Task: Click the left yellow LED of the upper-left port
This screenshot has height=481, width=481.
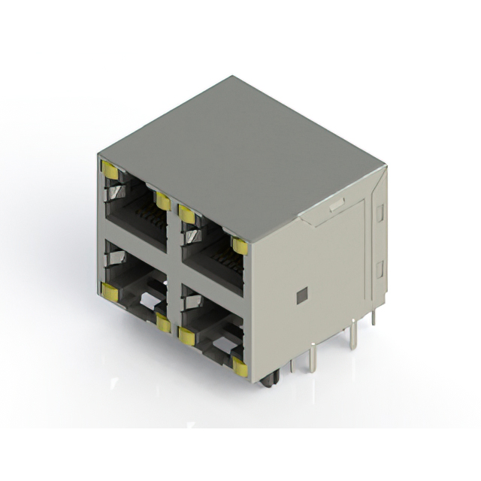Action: pos(110,171)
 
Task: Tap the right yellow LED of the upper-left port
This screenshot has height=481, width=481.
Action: pos(162,200)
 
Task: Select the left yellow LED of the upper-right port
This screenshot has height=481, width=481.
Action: pos(186,216)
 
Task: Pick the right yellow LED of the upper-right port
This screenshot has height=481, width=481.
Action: pos(240,246)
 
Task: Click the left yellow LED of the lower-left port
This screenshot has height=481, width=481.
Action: pos(109,290)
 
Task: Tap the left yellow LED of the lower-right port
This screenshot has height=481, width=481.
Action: pos(186,336)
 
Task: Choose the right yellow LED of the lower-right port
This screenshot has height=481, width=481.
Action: pos(240,366)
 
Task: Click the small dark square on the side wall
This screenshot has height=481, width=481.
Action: pos(301,295)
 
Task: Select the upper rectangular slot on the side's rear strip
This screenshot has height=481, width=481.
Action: pos(380,213)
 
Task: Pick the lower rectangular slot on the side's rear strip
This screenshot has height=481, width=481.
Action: pos(380,268)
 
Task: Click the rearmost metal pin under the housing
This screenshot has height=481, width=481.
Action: pos(374,318)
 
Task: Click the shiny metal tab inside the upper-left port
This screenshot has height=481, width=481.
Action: pos(115,195)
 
